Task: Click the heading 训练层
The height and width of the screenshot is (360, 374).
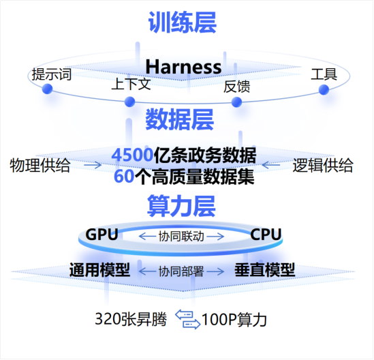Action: [x=183, y=22]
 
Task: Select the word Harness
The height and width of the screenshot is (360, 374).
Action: [x=183, y=67]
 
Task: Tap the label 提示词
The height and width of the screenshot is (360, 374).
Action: [x=52, y=74]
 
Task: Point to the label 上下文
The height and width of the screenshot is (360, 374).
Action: [x=131, y=84]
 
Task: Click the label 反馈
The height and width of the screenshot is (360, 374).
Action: [x=237, y=87]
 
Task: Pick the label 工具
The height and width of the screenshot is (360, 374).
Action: [x=324, y=74]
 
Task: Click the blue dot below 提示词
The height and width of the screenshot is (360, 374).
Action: [x=47, y=89]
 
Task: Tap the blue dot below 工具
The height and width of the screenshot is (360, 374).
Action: [x=324, y=90]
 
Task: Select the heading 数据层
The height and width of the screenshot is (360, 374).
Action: [x=180, y=119]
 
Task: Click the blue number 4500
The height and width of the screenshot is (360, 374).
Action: [x=132, y=155]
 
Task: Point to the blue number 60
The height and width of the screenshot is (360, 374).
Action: [x=124, y=177]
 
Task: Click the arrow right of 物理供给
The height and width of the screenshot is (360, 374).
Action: [x=93, y=165]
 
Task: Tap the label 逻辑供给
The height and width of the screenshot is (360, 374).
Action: [x=323, y=165]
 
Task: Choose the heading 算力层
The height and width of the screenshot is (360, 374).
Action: [x=181, y=206]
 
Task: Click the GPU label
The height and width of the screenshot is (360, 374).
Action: [x=102, y=235]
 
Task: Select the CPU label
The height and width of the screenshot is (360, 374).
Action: [x=266, y=235]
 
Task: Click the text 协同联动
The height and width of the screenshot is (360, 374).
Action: [x=181, y=237]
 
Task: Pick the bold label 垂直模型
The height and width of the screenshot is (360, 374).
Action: [x=265, y=270]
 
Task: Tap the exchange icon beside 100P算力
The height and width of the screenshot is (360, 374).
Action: [x=188, y=320]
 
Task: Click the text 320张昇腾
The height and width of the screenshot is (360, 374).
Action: [x=131, y=319]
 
